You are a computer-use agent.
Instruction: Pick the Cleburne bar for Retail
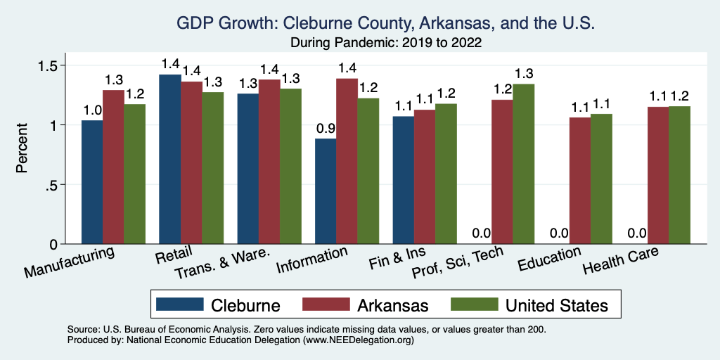pos(169,159)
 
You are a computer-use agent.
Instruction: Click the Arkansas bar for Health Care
pos(657,175)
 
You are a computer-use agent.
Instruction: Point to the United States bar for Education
pos(601,179)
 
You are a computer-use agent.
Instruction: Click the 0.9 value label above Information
pos(325,129)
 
